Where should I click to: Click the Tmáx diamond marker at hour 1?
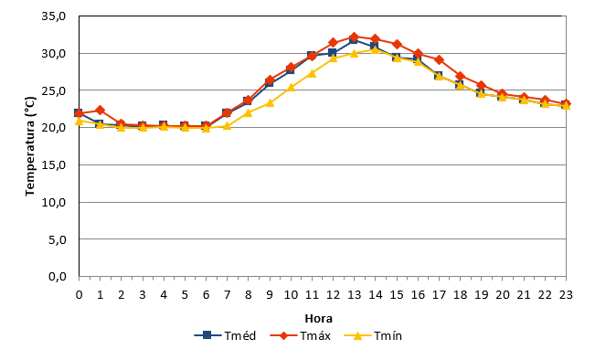click(x=101, y=111)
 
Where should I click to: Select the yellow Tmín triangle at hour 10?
click(x=291, y=87)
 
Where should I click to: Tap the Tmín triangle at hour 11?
click(x=312, y=73)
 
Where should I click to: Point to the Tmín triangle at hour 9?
click(x=270, y=103)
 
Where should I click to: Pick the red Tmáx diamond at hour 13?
click(x=354, y=37)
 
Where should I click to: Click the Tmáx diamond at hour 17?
click(x=439, y=60)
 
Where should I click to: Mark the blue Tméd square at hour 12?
click(x=333, y=52)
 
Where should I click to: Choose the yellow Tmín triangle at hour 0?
click(x=79, y=121)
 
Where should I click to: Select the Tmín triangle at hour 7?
click(x=227, y=125)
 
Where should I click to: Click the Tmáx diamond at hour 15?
click(x=397, y=45)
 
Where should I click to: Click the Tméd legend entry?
click(x=225, y=335)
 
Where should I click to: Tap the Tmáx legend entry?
click(x=301, y=335)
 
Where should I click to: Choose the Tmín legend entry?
click(x=373, y=335)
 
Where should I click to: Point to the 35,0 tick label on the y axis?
click(x=54, y=16)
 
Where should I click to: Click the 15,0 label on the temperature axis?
click(x=54, y=165)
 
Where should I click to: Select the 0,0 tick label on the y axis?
click(x=58, y=277)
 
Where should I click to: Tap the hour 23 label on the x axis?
click(x=566, y=295)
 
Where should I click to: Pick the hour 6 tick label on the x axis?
click(x=206, y=295)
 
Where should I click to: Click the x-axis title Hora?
click(x=319, y=318)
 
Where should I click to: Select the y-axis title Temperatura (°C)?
click(x=30, y=146)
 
